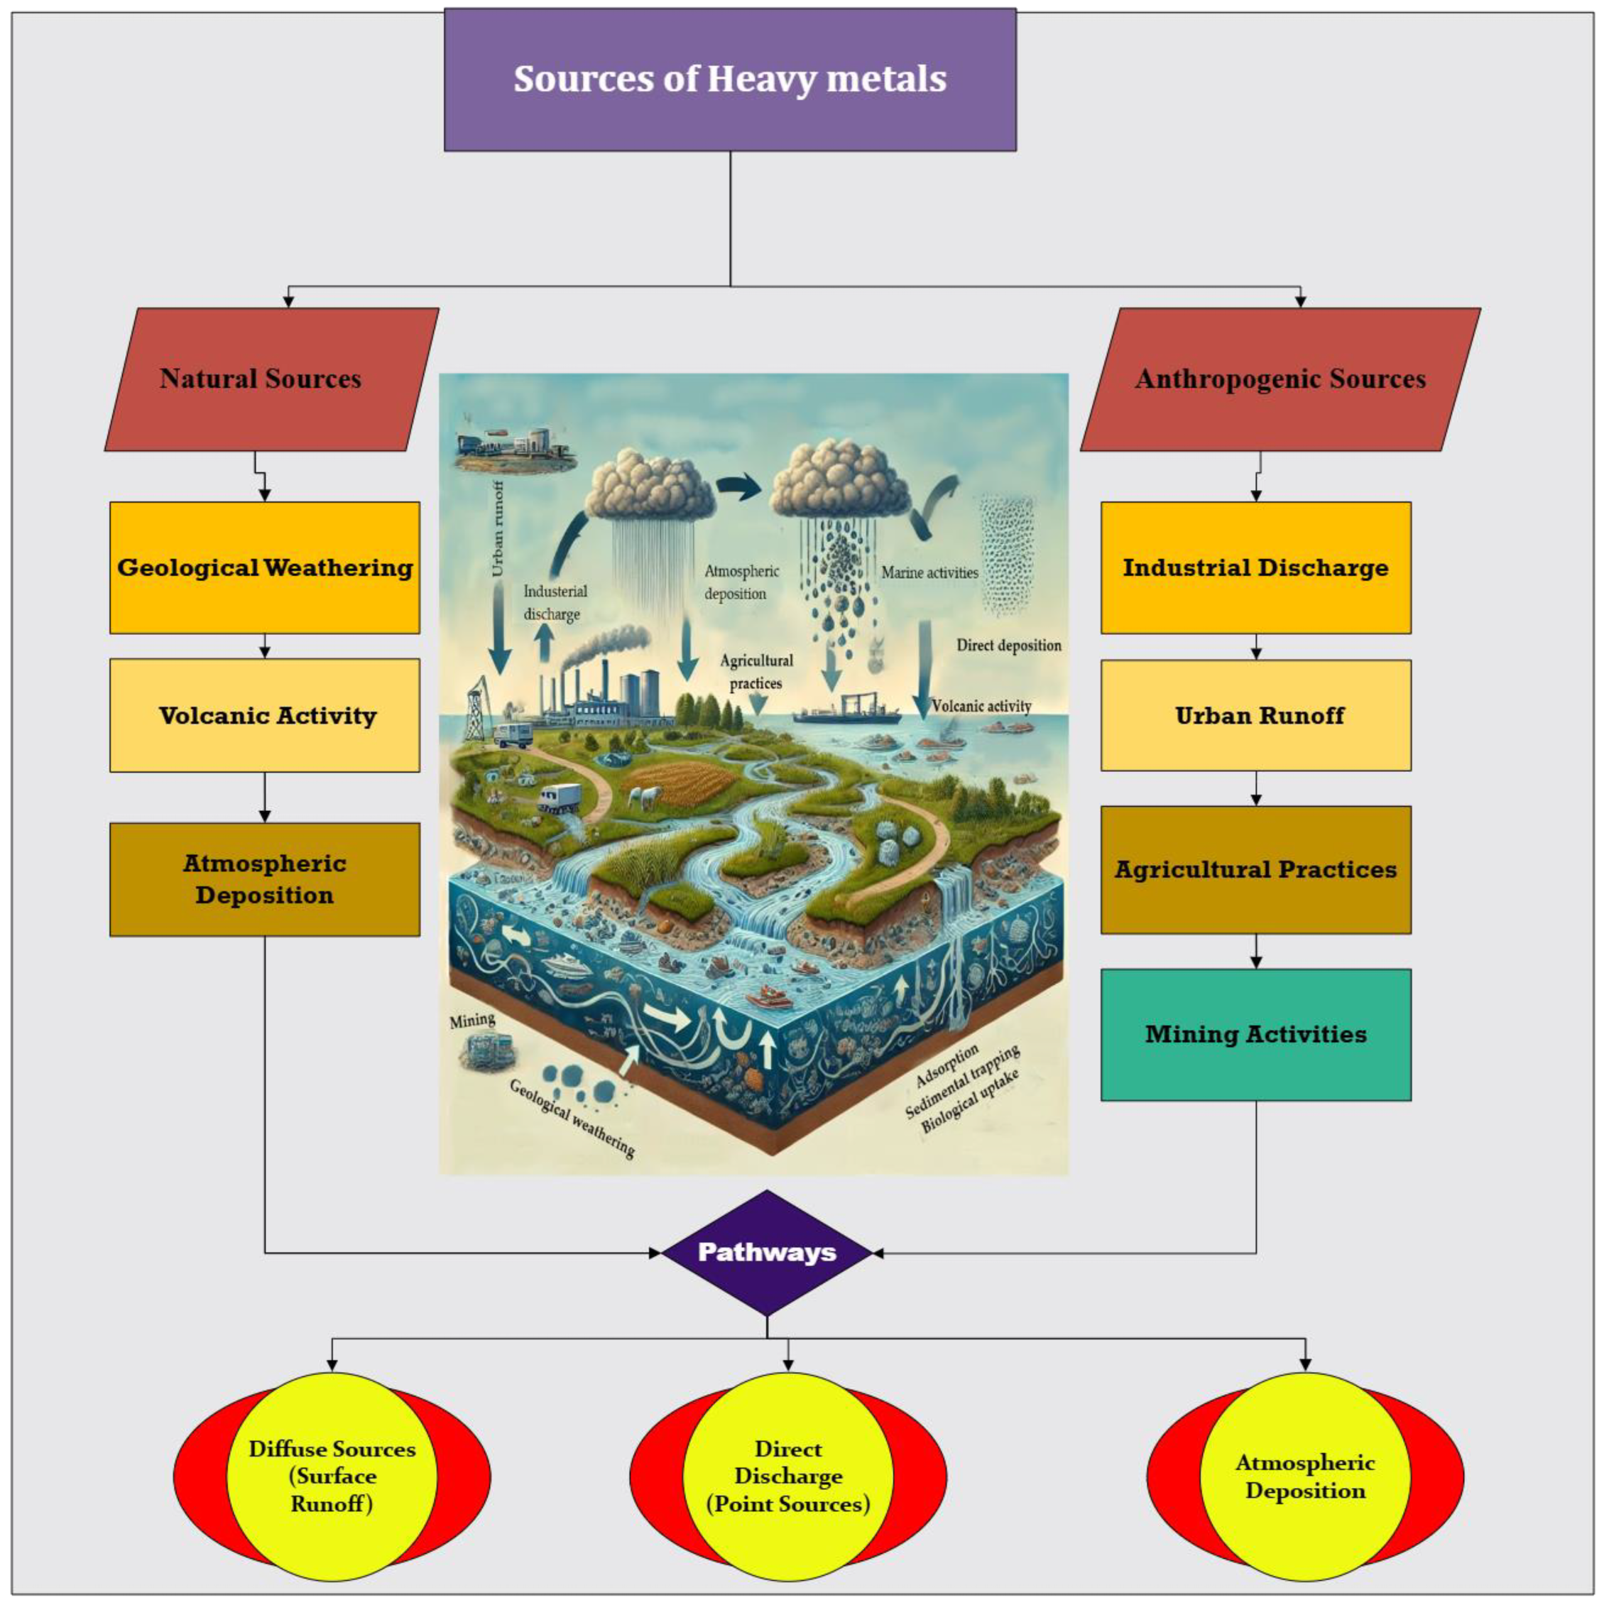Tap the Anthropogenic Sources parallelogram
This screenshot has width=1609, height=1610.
tap(1280, 379)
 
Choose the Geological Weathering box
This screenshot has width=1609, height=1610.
tap(265, 567)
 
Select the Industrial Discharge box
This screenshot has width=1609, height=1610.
tap(1255, 567)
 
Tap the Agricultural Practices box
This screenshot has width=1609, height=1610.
tap(1255, 869)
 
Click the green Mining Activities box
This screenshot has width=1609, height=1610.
tap(1255, 1034)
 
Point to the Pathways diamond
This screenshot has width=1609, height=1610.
tap(767, 1253)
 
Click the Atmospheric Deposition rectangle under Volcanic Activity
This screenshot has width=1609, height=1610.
tap(265, 879)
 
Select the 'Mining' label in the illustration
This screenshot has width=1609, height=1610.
tap(472, 1020)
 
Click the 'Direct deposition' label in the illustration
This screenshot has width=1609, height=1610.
tap(1008, 645)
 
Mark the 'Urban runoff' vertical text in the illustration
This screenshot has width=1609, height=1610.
tap(498, 529)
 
